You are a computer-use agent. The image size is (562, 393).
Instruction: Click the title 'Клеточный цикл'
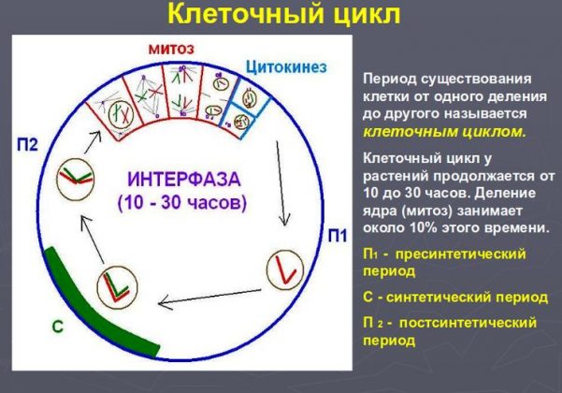(281, 16)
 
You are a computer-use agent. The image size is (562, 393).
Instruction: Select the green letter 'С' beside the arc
(57, 327)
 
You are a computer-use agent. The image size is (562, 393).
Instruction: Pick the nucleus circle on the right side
(281, 269)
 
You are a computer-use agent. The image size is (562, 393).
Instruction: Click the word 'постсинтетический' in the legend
(468, 323)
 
